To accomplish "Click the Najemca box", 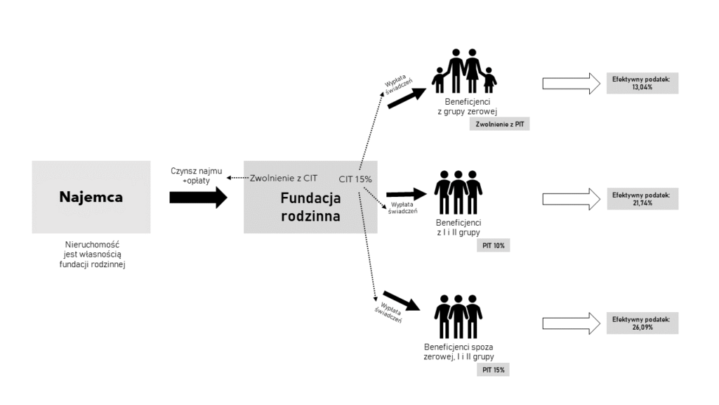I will click(91, 197).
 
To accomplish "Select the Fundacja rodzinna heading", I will click(310, 207).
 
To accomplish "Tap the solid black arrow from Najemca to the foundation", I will click(198, 198).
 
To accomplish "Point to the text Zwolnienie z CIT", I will click(284, 179).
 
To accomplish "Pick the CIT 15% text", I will click(355, 179).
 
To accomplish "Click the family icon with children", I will click(464, 71).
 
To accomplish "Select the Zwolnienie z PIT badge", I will click(500, 124).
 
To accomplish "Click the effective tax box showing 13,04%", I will click(642, 84).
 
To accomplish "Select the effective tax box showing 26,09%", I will click(642, 323).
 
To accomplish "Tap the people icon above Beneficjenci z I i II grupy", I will click(459, 193).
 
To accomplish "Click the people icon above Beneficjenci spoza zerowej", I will click(459, 316).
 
